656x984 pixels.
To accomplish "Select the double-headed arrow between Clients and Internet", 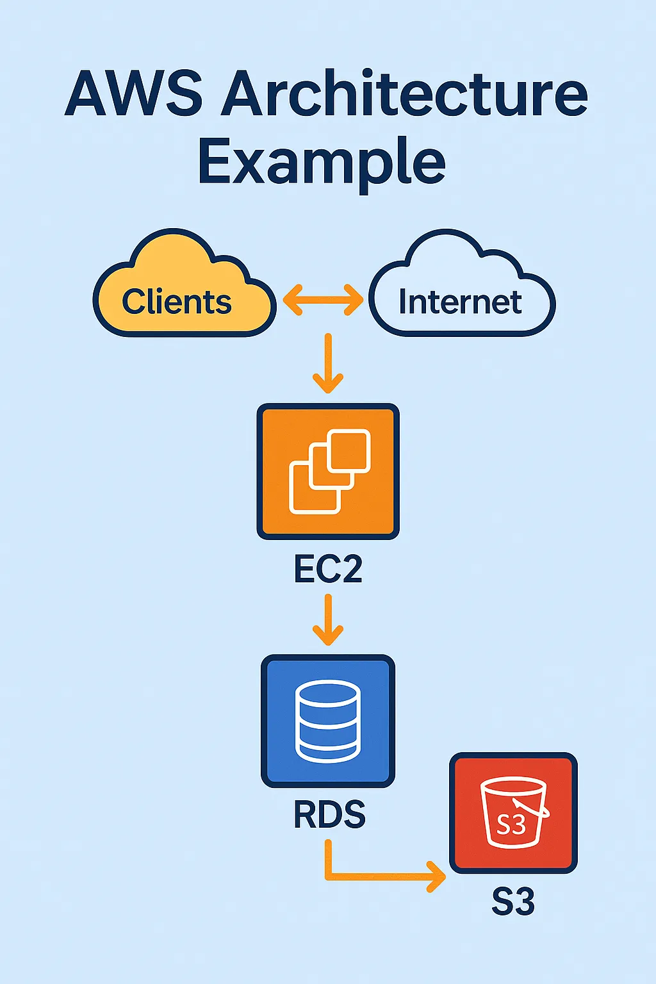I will tap(323, 300).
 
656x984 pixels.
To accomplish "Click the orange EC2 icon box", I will tap(328, 471).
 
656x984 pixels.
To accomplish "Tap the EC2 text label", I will tap(328, 569).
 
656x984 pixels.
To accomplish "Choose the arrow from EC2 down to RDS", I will tap(328, 620).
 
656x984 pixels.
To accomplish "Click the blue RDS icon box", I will tap(328, 721).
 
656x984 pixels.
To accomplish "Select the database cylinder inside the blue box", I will tap(328, 721).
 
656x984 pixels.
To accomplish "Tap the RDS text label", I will tap(329, 815).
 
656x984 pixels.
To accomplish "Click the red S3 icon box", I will tap(513, 813).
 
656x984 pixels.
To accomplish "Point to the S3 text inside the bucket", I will tap(511, 824).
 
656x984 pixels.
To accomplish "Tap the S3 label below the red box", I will tap(512, 902).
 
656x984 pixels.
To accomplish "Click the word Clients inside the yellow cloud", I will tap(177, 302).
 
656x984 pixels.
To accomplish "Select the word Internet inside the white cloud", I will tap(460, 302).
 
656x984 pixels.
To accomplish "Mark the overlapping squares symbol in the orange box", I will tap(330, 471).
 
